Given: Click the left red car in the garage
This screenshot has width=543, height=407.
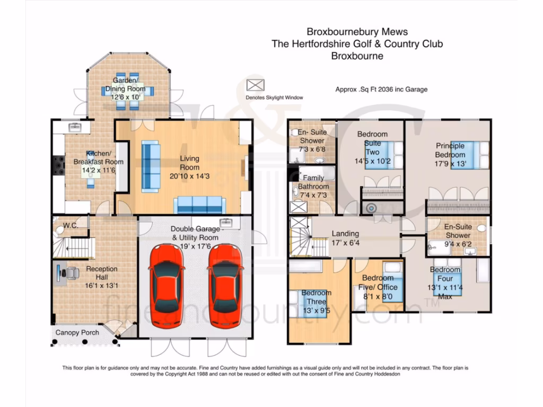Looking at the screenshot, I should (x=167, y=286).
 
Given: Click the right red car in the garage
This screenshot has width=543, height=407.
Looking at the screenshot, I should (x=225, y=286).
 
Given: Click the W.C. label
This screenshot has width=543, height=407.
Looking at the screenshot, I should (x=71, y=225).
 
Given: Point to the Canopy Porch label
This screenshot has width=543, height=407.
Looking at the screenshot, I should (x=77, y=332).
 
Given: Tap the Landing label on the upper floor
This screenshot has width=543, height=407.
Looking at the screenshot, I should (x=345, y=233).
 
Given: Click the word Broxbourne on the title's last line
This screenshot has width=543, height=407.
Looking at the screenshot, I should (x=357, y=56).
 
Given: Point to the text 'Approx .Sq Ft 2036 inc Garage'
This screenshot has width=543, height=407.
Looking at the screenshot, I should (x=381, y=90).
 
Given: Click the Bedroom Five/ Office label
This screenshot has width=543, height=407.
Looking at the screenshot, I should (x=378, y=282).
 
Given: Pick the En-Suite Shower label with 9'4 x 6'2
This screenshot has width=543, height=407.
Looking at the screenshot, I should (x=458, y=231).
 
